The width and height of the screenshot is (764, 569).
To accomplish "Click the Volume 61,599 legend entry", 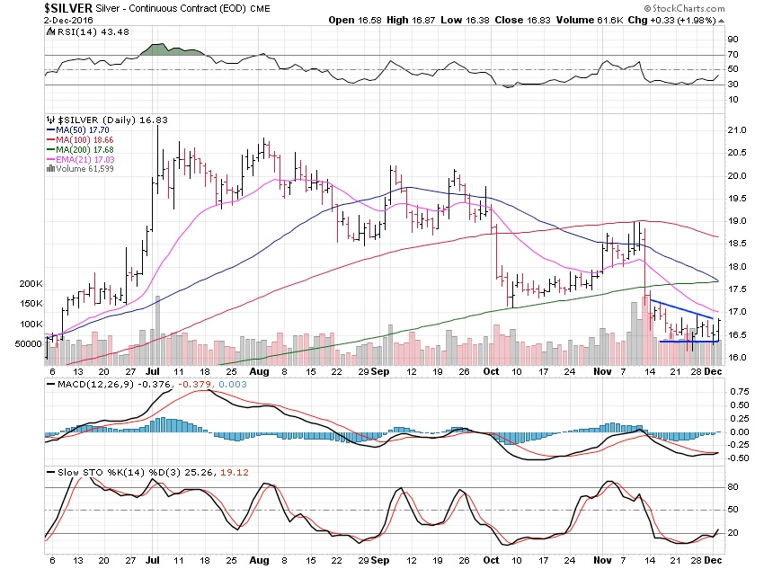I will (x=82, y=173).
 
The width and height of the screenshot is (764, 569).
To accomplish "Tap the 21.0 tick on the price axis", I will (x=738, y=130).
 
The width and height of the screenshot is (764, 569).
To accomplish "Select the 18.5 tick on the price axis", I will (x=738, y=244).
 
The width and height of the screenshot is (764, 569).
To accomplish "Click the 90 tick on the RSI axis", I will (x=733, y=40).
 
